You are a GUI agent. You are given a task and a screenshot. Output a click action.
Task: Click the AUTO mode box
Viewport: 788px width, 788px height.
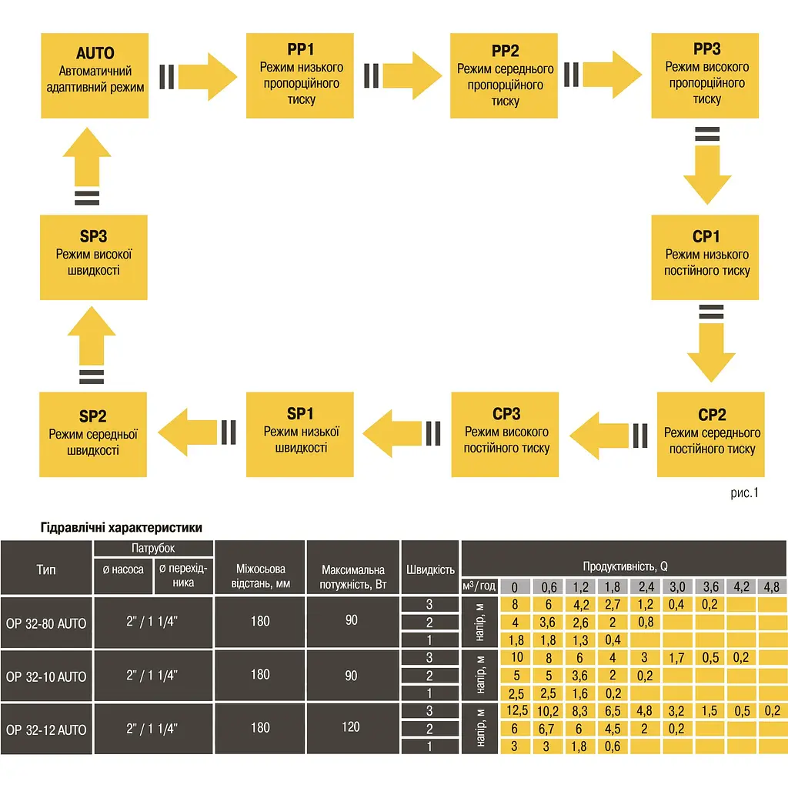(95, 76)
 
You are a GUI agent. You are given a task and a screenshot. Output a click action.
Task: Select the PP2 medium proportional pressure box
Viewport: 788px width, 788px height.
(504, 76)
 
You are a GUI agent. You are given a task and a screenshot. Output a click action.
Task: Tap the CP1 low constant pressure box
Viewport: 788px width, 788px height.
(705, 257)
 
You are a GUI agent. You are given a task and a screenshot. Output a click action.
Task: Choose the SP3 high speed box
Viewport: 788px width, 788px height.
(94, 257)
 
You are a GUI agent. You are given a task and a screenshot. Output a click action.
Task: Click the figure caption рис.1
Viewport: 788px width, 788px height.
(744, 493)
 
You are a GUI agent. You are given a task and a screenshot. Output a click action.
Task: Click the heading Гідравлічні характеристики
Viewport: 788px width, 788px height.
(121, 527)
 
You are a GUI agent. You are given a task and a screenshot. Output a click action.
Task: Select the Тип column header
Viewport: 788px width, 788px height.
(46, 569)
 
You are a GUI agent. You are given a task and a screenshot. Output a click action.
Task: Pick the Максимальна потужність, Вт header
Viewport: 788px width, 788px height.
(352, 577)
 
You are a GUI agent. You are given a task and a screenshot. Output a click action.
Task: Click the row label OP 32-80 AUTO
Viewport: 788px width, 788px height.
(46, 623)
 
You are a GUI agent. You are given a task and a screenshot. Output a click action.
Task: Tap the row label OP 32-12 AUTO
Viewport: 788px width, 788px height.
(46, 730)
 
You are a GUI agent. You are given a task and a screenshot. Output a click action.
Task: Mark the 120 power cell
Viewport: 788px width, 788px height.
(351, 726)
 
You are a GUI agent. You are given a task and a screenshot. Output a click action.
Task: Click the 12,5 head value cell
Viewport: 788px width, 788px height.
(516, 710)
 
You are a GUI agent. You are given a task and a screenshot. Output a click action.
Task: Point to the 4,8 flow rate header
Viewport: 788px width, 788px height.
(772, 586)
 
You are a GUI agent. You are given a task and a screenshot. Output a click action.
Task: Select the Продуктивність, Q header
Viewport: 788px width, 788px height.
(625, 566)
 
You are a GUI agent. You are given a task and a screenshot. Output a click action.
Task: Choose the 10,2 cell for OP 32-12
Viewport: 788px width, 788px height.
(548, 711)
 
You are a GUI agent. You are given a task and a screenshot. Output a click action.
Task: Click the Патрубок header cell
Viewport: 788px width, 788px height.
(153, 548)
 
